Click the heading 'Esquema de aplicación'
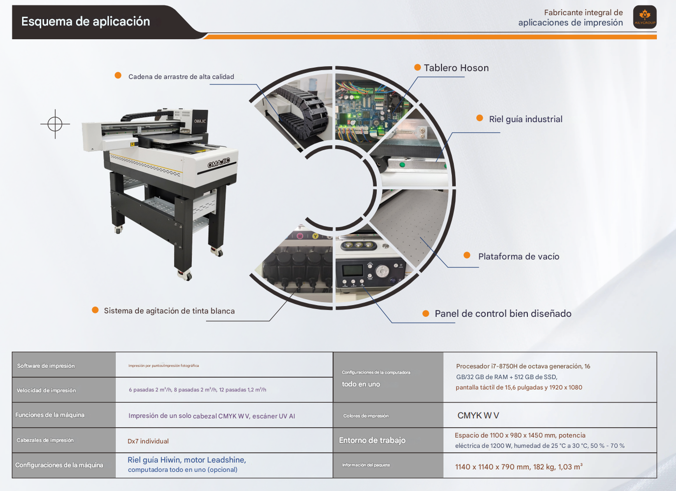coord(85,22)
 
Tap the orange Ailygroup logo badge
coord(645,17)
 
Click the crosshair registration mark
coord(55,124)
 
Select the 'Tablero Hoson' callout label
coord(456,68)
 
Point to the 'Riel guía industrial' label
coord(525,119)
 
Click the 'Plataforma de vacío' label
coord(519,257)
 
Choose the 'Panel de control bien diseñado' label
coord(503,314)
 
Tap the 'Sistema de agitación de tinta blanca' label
coord(169,311)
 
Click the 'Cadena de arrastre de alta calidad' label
coord(181,77)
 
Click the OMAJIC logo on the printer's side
coord(219,163)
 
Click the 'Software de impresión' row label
coord(46,366)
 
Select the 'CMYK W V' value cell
coord(478,415)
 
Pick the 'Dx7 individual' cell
coord(148,441)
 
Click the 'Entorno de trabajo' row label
coord(372,440)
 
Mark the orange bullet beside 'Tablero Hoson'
coord(417,68)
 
